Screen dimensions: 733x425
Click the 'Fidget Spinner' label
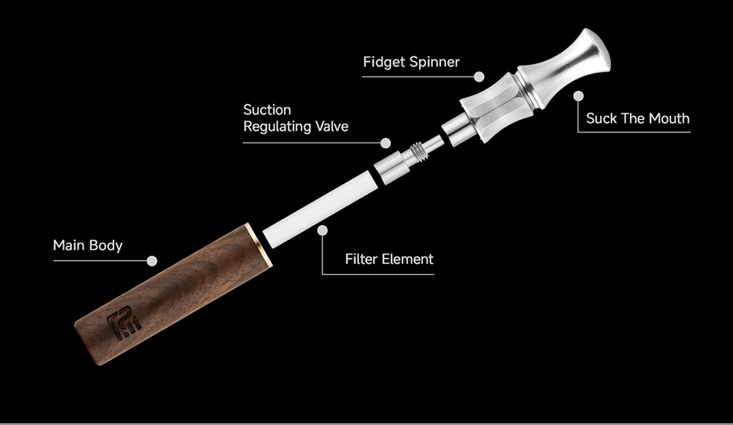(411, 62)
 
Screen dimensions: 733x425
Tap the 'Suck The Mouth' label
(638, 118)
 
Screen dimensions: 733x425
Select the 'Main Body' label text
(87, 246)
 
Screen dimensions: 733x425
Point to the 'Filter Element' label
(389, 259)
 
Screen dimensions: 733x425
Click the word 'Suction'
(266, 110)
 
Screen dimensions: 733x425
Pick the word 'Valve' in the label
(329, 127)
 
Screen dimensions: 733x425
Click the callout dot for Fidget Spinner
(479, 76)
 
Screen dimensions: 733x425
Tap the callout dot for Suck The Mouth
(579, 96)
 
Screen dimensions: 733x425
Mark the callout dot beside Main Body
(152, 261)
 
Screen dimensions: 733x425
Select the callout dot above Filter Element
(323, 229)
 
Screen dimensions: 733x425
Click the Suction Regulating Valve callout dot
(386, 143)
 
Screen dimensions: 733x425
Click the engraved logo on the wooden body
(124, 323)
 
